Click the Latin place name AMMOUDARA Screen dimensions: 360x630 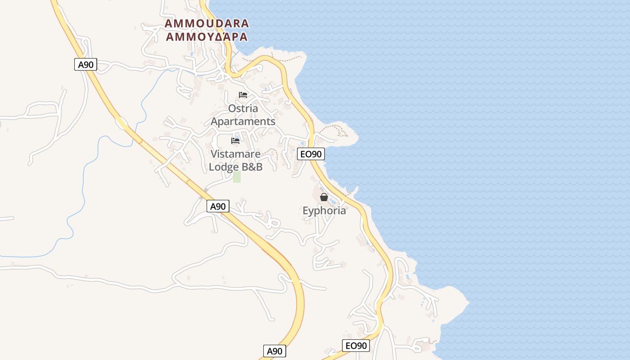tap(207, 23)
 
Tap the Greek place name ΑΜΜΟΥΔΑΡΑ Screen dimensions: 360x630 tap(207, 37)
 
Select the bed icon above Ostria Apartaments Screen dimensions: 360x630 tap(243, 95)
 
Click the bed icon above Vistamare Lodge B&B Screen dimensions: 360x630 tap(235, 141)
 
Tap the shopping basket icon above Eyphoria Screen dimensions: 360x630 tap(324, 197)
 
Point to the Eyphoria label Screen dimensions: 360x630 tap(324, 211)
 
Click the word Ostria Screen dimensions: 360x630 tap(243, 108)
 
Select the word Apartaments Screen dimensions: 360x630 tap(243, 121)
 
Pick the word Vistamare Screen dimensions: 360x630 tap(236, 154)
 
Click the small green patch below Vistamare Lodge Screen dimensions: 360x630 tap(237, 177)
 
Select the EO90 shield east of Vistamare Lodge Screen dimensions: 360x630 tap(311, 154)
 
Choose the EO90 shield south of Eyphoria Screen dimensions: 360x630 tap(355, 346)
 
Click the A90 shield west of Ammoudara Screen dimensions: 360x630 tap(85, 64)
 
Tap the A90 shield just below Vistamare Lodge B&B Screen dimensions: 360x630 tap(218, 207)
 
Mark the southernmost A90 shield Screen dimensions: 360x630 tap(274, 351)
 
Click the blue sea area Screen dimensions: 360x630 tap(495, 135)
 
